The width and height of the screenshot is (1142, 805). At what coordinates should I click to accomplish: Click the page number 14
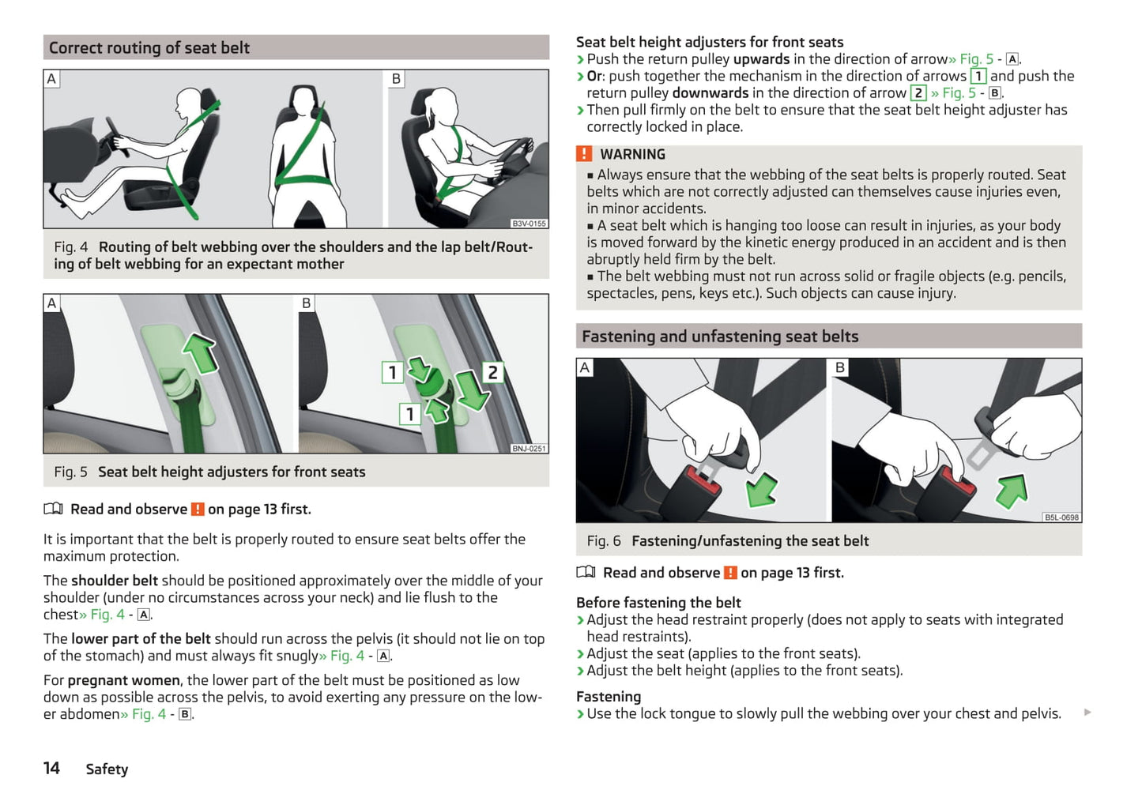[51, 768]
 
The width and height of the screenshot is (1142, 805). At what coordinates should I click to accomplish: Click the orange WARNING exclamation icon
[584, 154]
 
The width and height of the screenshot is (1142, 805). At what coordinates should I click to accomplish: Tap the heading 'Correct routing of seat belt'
[149, 48]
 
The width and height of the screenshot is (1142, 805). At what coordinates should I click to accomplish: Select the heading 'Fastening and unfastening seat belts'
[720, 337]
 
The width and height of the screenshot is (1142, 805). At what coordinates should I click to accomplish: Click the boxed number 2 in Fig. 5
[492, 373]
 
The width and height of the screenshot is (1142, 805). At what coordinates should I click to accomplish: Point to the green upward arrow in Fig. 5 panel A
[201, 352]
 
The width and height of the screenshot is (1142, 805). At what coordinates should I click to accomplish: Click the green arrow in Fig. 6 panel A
[761, 489]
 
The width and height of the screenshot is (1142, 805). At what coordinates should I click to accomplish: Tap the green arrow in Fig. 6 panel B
[1012, 491]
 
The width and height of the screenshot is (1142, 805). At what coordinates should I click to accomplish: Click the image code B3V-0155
[529, 224]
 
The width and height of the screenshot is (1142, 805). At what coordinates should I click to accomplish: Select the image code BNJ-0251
[529, 449]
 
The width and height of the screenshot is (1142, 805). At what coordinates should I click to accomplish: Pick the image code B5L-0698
[1061, 517]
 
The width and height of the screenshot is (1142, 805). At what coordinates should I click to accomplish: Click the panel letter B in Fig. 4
[396, 79]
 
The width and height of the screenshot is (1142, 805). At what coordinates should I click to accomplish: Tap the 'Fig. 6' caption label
[604, 541]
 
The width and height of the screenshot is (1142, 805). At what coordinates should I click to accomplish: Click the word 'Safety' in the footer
[107, 769]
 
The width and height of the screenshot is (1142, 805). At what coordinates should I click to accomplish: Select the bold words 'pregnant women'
[124, 680]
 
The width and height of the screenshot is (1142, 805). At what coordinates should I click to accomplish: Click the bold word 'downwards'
[710, 93]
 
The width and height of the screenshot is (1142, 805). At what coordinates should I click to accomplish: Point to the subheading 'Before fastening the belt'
[658, 603]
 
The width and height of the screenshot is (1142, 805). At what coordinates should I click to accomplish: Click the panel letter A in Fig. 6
[585, 367]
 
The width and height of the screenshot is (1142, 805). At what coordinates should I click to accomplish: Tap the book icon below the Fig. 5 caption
[53, 509]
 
